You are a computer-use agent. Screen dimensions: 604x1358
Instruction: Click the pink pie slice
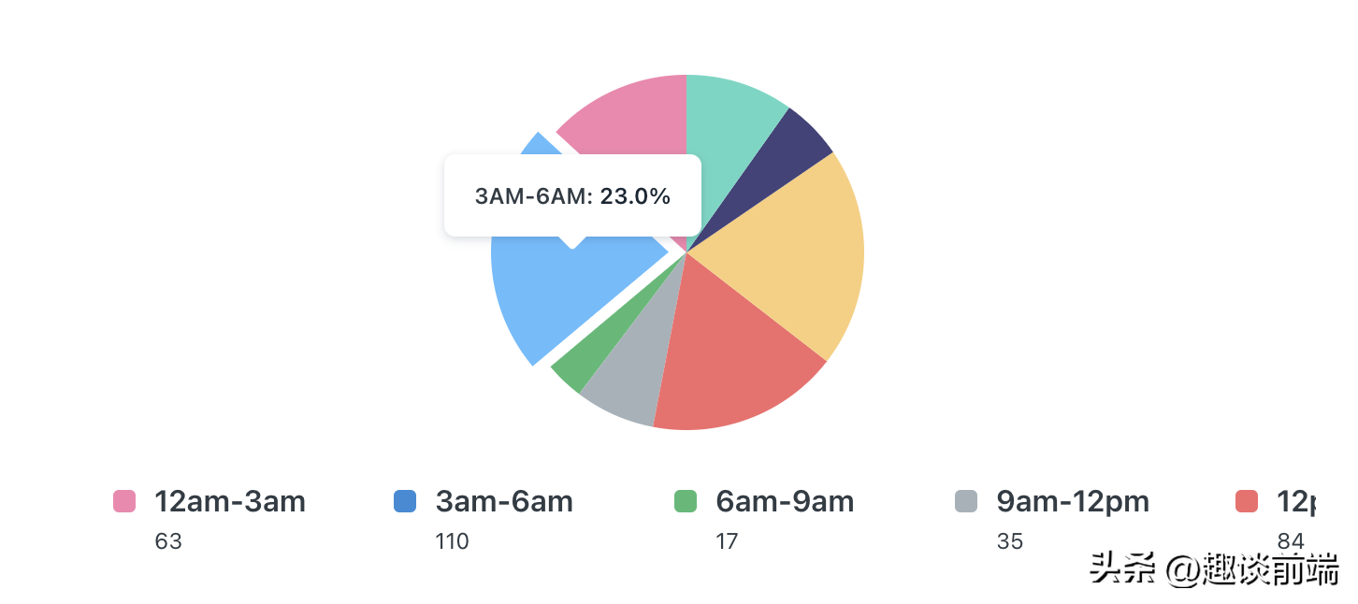(636, 117)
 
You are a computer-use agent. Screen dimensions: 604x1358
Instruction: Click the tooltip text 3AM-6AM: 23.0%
(572, 196)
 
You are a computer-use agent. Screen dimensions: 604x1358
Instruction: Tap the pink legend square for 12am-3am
(124, 501)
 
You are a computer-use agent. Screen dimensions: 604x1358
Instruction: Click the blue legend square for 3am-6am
(405, 501)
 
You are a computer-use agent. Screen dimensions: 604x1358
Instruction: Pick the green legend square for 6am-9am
(686, 501)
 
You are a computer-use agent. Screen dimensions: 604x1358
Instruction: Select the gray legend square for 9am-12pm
(966, 501)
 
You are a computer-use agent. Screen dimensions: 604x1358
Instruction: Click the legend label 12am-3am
(230, 502)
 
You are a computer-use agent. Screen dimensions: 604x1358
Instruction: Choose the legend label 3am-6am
(504, 502)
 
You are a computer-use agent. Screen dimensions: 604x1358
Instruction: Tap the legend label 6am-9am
(785, 502)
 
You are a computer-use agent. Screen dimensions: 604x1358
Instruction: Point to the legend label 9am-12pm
(1073, 502)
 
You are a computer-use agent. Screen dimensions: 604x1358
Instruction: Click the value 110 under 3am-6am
(453, 541)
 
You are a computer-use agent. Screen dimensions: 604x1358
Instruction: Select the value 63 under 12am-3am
(168, 541)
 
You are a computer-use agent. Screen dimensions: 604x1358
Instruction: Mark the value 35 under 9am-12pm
(1010, 541)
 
